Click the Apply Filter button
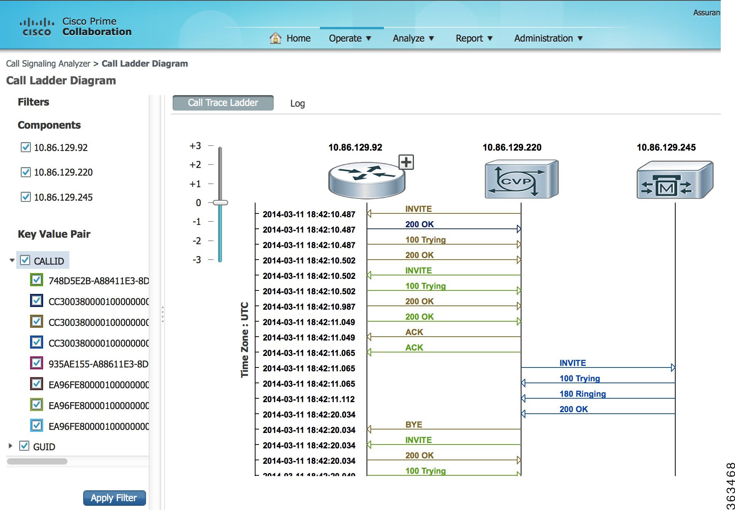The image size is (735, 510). coord(114,498)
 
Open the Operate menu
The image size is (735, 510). coord(349,39)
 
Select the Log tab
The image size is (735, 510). coord(297,103)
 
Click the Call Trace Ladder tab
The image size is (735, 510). coord(223,103)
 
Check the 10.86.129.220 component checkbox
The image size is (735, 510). coord(25,172)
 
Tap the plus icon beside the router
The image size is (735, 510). coord(406,162)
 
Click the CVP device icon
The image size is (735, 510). coord(521,180)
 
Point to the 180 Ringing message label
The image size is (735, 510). coord(582,394)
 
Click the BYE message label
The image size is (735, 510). coord(414,424)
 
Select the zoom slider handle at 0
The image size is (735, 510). coord(220,203)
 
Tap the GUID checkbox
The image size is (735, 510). coord(24,446)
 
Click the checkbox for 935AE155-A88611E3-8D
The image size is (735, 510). coord(36,363)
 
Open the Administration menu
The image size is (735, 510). coord(548,39)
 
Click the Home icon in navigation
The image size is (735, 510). coord(275,38)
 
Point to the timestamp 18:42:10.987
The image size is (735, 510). coord(309,307)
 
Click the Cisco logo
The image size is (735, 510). coord(36,27)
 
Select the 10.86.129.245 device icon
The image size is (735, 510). coord(674,180)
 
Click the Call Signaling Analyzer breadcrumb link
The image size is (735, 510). coord(48,64)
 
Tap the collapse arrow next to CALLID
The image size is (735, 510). coord(12,260)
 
